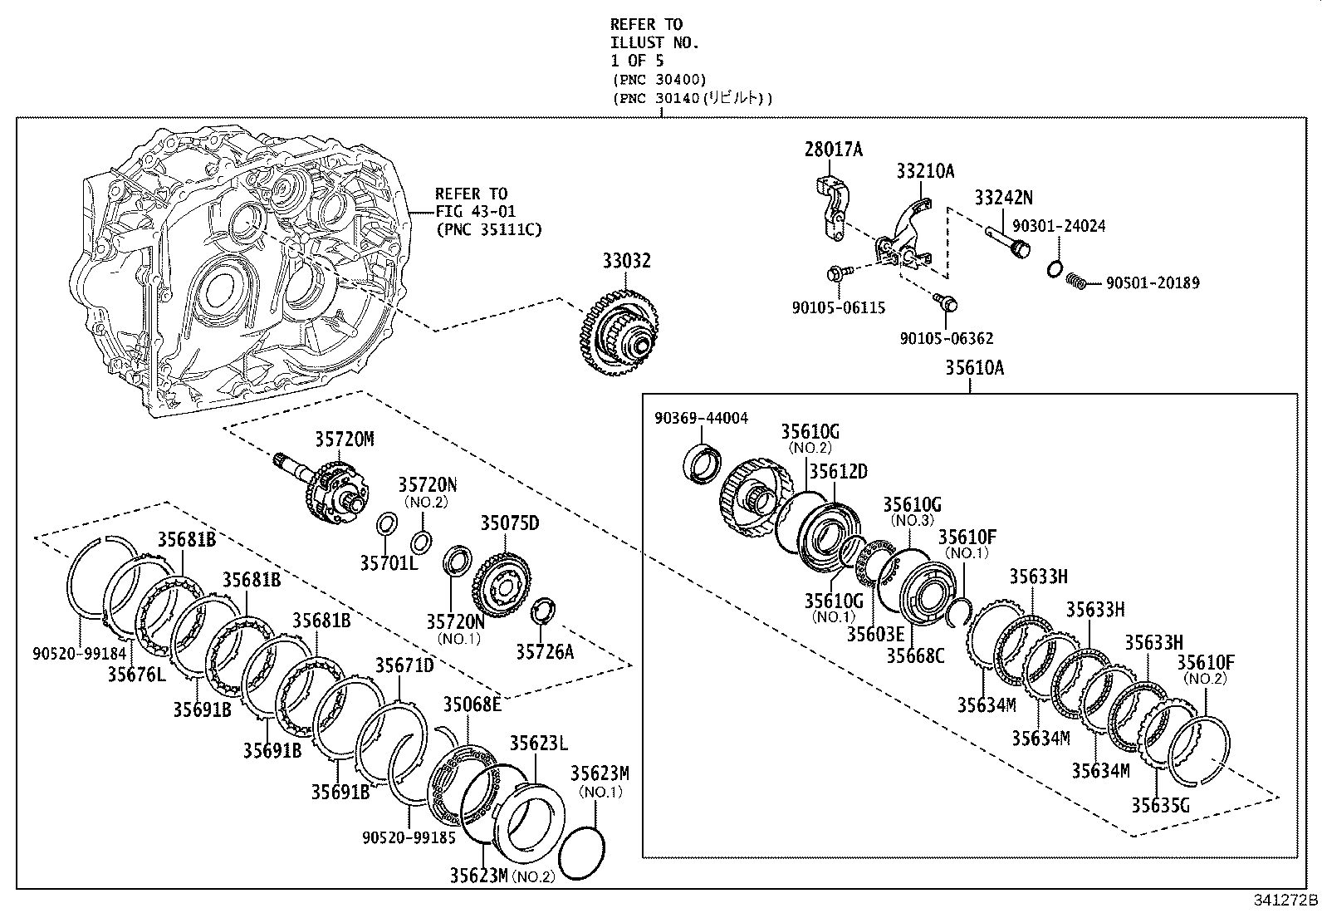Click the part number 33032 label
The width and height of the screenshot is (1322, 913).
[626, 261]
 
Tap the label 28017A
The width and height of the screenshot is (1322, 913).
[833, 150]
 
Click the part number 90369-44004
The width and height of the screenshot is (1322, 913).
[701, 418]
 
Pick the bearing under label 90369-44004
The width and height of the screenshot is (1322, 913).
[702, 463]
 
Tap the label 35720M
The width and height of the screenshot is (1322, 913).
[343, 439]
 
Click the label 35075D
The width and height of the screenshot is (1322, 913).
[509, 523]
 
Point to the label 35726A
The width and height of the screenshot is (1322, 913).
[544, 651]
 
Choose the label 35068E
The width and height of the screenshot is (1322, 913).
[471, 704]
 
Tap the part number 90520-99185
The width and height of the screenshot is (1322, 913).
[409, 837]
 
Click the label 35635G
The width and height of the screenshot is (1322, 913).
[1160, 804]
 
